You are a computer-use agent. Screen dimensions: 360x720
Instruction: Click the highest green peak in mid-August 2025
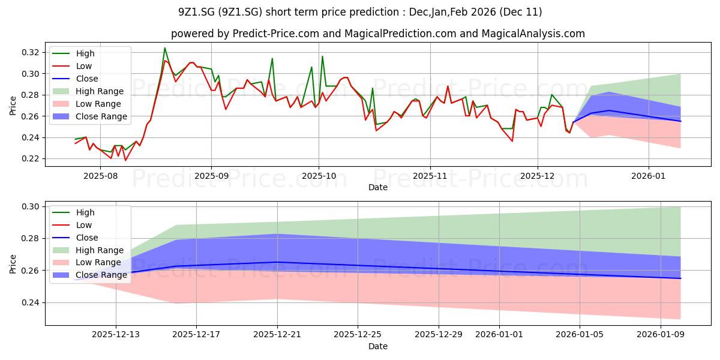[x=165, y=48]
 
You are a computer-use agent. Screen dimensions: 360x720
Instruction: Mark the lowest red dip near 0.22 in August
[x=125, y=160]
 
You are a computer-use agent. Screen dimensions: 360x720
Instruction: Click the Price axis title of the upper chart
[x=13, y=104]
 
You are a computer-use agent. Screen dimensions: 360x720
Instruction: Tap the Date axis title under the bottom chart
[x=377, y=346]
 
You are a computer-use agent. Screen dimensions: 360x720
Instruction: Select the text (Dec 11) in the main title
[x=523, y=12]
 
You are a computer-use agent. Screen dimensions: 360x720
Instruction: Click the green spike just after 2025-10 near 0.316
[x=322, y=56]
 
